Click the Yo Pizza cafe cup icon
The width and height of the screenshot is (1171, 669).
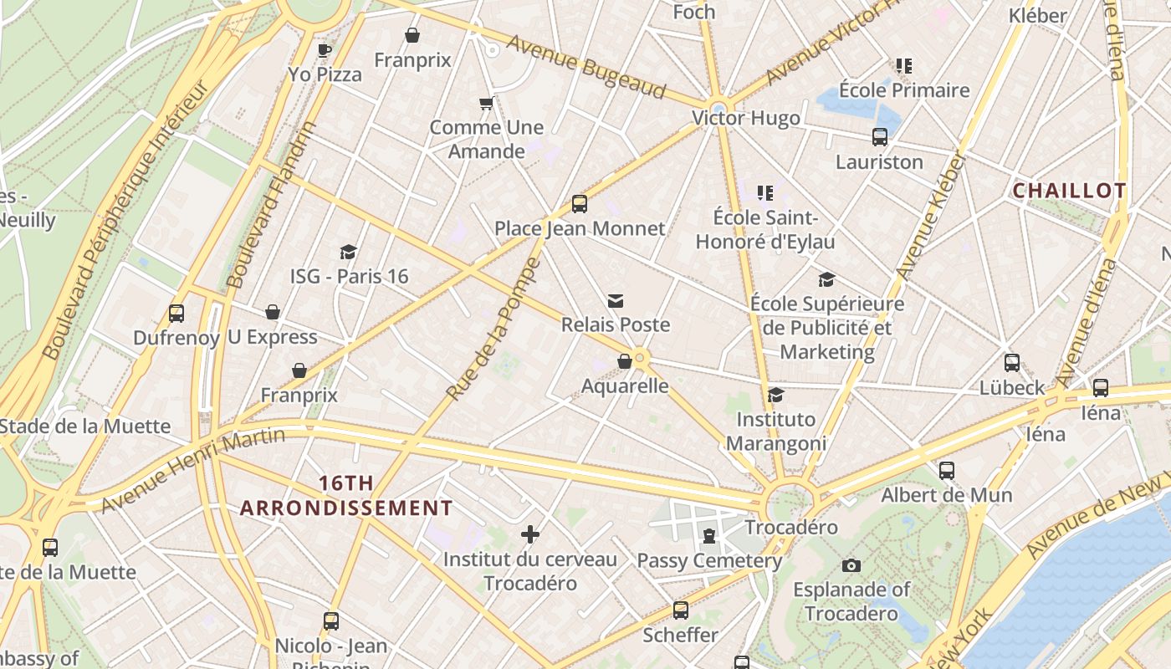click(325, 50)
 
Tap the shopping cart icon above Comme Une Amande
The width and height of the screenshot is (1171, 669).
click(486, 104)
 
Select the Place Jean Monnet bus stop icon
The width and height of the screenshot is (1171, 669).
click(579, 203)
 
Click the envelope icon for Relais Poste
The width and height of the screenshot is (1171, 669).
click(616, 300)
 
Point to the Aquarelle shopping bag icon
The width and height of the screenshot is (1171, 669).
click(624, 361)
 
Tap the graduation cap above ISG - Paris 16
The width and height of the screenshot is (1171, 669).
click(348, 252)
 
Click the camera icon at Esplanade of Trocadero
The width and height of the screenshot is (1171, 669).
click(851, 565)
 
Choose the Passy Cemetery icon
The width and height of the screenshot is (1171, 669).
click(709, 536)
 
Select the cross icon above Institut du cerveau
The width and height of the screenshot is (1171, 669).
click(529, 534)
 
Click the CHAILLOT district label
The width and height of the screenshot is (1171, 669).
click(1069, 191)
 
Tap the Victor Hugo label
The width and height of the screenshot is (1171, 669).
click(746, 118)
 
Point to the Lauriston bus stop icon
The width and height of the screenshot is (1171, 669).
click(879, 137)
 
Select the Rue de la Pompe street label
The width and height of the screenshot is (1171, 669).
click(493, 329)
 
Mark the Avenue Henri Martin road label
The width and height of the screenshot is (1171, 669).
click(192, 470)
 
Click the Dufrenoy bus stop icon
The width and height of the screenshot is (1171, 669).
click(176, 314)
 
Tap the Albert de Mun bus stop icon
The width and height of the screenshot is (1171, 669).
click(946, 471)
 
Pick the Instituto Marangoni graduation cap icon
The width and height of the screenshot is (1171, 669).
click(775, 395)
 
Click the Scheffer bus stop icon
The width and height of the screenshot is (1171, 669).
click(681, 610)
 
